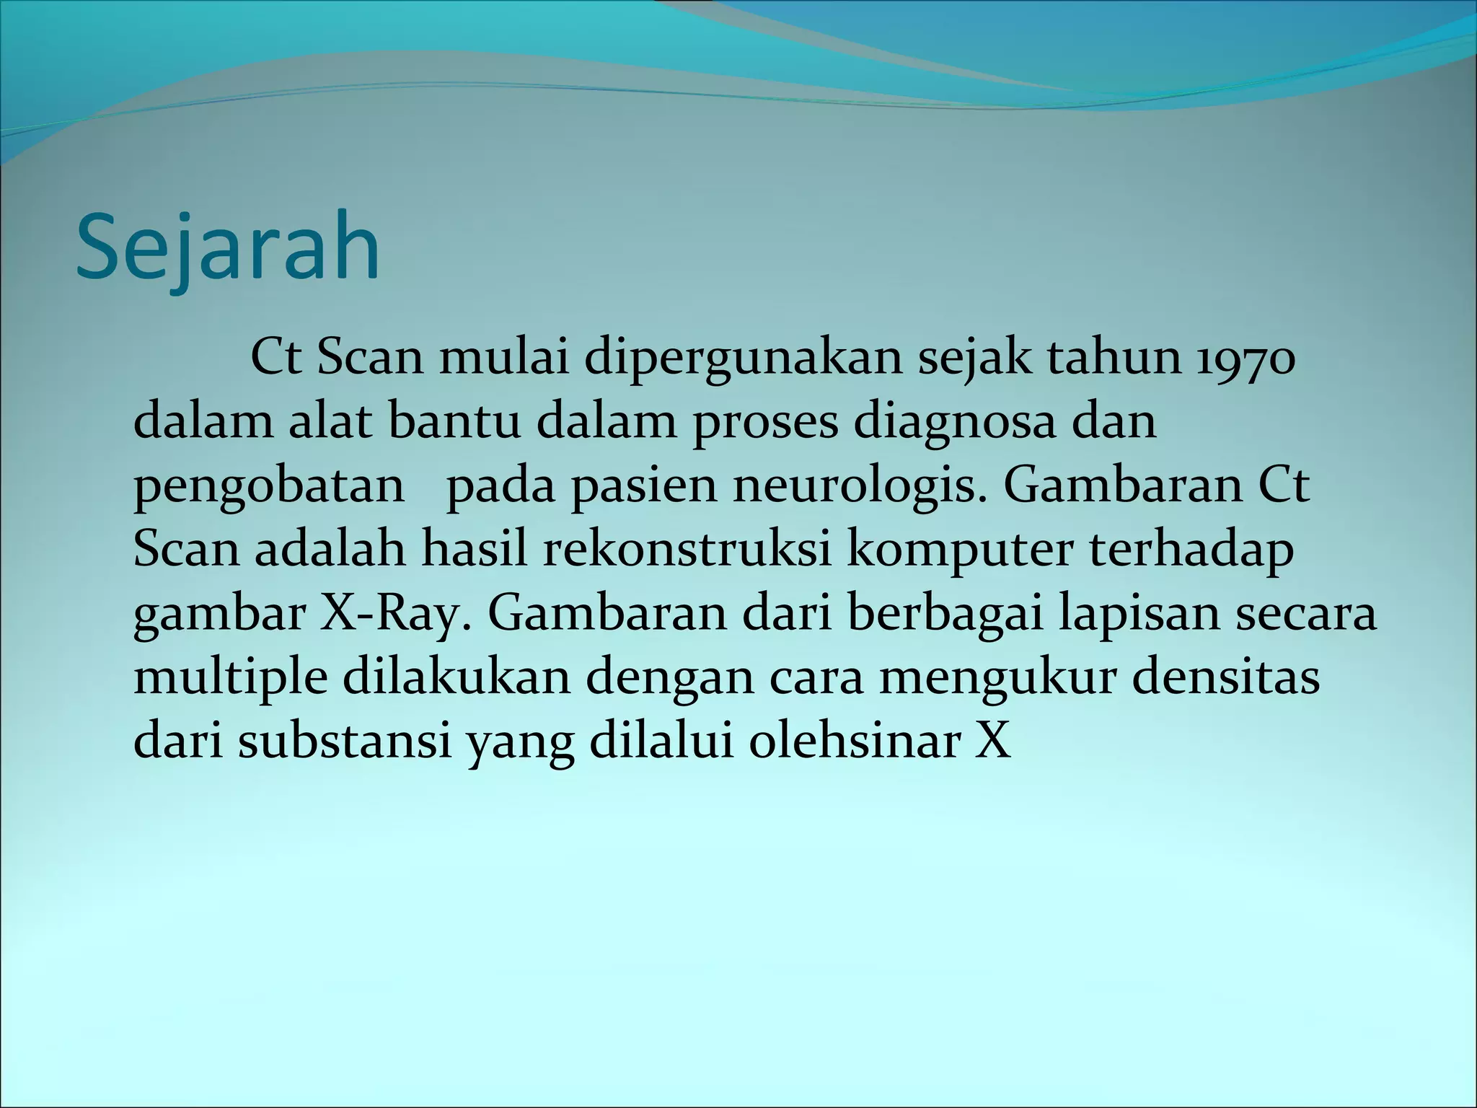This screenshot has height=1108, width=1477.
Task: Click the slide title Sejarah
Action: pos(227,247)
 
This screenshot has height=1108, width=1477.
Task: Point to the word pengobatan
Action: pos(269,488)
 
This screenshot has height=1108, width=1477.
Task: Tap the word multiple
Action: pos(231,678)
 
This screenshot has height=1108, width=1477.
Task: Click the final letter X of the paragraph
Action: pos(993,742)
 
